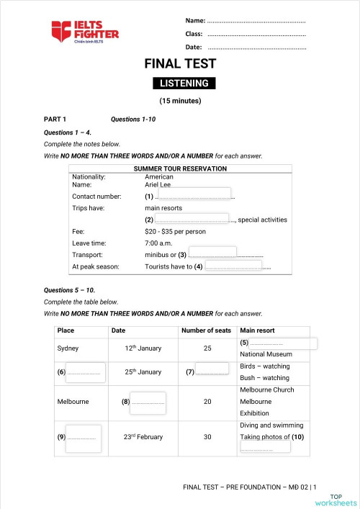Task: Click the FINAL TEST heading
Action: pyautogui.click(x=180, y=64)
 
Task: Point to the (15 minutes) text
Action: pyautogui.click(x=179, y=102)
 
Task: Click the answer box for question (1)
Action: pyautogui.click(x=193, y=194)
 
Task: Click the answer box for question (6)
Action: pyautogui.click(x=86, y=371)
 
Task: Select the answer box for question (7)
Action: pyautogui.click(x=212, y=371)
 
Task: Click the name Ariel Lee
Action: pyautogui.click(x=158, y=184)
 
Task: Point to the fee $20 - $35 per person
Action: pyautogui.click(x=175, y=232)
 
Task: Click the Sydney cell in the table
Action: pyautogui.click(x=68, y=348)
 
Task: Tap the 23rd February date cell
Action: pyautogui.click(x=143, y=436)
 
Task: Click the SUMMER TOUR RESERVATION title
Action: pyautogui.click(x=180, y=168)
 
